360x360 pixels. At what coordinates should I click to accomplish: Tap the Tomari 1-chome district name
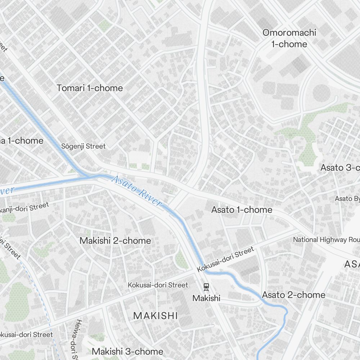coord(90,88)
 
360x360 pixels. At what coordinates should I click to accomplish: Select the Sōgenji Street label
coord(84,146)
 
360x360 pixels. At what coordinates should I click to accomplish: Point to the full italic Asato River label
coord(136,191)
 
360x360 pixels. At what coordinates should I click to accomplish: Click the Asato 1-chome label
coord(242,210)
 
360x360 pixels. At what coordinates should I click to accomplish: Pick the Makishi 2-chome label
coord(115,240)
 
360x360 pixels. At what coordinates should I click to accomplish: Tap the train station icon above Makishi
coord(206,287)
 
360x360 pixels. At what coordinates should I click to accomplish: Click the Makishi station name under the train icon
coord(206,298)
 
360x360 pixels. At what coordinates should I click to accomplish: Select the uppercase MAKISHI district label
coord(156,316)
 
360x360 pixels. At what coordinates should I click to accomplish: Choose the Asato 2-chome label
coord(293,295)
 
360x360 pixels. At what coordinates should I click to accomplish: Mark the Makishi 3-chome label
coord(127,351)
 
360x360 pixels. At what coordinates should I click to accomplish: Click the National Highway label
coord(326,239)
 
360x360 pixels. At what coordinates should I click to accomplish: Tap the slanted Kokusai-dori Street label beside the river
coord(226,259)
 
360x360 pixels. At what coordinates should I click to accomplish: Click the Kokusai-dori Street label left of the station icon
coord(158,285)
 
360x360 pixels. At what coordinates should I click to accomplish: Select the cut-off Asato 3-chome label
coord(340,167)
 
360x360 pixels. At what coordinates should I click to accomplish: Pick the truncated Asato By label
coord(347,198)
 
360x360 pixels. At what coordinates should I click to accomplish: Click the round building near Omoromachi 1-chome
coord(321,94)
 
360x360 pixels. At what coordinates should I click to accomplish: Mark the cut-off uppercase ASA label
coord(352,264)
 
